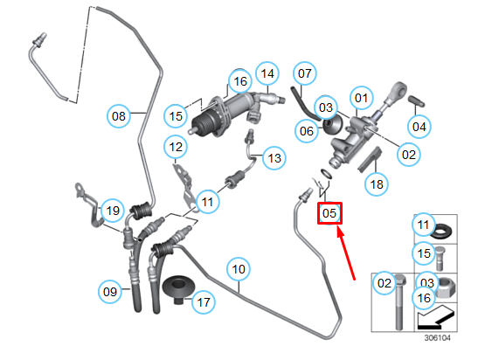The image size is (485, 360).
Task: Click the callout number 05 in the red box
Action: [329, 213]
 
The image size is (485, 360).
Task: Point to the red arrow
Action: [346, 253]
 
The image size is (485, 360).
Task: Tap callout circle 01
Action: [361, 98]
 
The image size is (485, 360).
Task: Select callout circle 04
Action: [419, 127]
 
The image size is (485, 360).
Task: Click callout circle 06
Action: [307, 131]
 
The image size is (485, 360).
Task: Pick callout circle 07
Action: [305, 73]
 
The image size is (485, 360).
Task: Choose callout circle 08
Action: [119, 116]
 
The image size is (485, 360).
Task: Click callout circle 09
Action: [110, 292]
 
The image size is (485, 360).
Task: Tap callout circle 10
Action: [239, 269]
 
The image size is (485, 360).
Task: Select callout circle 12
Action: [176, 147]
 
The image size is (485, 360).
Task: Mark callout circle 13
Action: [274, 158]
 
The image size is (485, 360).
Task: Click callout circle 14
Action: [267, 73]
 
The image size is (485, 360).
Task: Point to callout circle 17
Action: [204, 301]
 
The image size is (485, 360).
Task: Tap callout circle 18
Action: [377, 184]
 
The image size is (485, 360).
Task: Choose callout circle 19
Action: [113, 211]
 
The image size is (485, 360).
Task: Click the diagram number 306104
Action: [437, 338]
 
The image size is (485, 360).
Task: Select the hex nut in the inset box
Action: [445, 287]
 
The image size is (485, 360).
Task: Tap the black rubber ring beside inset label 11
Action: [440, 232]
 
